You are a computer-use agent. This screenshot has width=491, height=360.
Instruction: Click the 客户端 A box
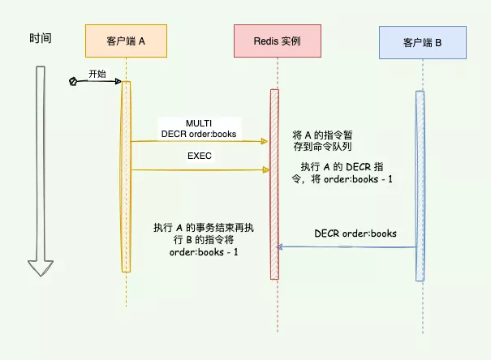coord(126,41)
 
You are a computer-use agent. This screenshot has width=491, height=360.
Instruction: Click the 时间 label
coord(41,38)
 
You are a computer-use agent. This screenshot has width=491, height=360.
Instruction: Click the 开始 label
coord(97,73)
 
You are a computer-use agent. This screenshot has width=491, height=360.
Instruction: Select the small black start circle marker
coord(73,82)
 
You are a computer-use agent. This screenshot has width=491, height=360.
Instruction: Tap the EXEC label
coord(199,156)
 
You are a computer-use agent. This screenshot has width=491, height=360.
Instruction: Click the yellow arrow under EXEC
coord(199,169)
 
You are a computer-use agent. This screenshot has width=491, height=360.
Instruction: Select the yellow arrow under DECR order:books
coord(199,141)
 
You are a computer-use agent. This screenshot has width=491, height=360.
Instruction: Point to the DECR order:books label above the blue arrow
coord(355,234)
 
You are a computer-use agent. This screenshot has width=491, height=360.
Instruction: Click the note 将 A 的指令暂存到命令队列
coord(321,139)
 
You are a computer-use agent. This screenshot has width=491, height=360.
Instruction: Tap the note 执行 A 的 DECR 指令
coord(347,172)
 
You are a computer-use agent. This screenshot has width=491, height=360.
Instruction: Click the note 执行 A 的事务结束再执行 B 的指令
coord(203,240)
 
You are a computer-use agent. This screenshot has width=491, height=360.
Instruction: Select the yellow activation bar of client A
coord(126,175)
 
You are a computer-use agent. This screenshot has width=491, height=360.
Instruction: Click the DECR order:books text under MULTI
coord(199,134)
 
